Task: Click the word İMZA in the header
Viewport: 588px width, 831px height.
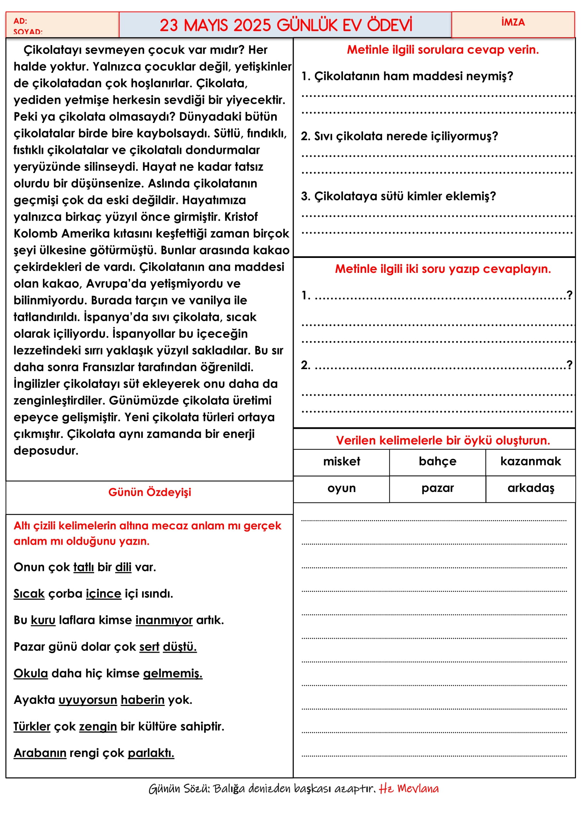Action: click(x=513, y=22)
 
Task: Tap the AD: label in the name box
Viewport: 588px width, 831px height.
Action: click(x=20, y=21)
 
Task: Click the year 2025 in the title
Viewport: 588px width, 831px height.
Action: click(x=252, y=25)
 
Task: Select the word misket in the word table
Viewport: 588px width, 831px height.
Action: click(x=341, y=462)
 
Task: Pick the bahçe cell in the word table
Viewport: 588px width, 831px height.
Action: click(x=437, y=462)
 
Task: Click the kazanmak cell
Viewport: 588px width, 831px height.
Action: click(x=530, y=462)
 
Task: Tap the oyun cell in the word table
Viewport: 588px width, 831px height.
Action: click(x=341, y=488)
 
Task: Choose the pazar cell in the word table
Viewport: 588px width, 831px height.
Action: click(x=437, y=488)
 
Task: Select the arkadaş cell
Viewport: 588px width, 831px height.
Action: click(x=531, y=488)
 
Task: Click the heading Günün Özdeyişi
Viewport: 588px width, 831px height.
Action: click(x=150, y=492)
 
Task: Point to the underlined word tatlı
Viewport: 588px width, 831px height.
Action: click(x=84, y=567)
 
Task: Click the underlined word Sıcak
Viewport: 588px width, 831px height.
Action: click(x=29, y=594)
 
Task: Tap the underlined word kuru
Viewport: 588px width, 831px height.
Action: click(x=43, y=620)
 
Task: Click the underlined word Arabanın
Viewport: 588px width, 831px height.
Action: click(x=40, y=753)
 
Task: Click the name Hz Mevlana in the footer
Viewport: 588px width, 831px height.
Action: click(x=409, y=789)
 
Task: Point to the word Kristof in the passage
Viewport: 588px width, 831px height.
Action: click(x=241, y=217)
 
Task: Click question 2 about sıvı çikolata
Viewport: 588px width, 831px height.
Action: click(x=399, y=136)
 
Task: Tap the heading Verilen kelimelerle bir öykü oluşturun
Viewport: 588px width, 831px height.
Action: click(x=443, y=441)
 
